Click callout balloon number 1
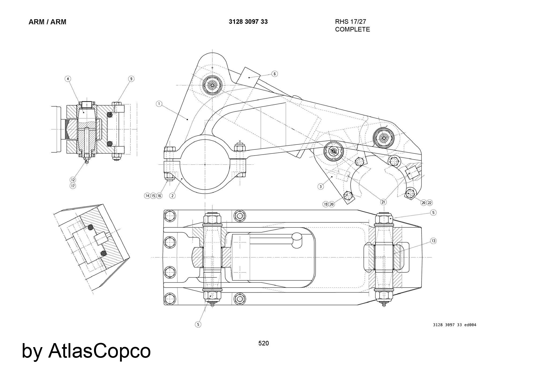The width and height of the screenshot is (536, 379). pyautogui.click(x=159, y=104)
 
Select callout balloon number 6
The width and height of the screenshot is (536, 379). pyautogui.click(x=274, y=74)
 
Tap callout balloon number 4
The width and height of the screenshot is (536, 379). pyautogui.click(x=68, y=79)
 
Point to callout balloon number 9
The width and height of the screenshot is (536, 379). pyautogui.click(x=131, y=79)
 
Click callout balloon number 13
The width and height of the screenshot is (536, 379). pyautogui.click(x=433, y=241)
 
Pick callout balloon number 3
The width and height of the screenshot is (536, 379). pyautogui.click(x=321, y=187)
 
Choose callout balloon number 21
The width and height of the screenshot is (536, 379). pyautogui.click(x=383, y=202)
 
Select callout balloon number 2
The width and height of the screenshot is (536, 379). pyautogui.click(x=173, y=196)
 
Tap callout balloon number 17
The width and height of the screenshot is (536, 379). pyautogui.click(x=73, y=186)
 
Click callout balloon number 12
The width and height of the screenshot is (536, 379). pyautogui.click(x=73, y=180)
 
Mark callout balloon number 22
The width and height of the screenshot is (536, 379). pyautogui.click(x=430, y=203)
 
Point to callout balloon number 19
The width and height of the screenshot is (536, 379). pyautogui.click(x=326, y=204)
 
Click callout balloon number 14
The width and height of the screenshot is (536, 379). pyautogui.click(x=147, y=196)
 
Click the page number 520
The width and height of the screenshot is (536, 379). pyautogui.click(x=263, y=343)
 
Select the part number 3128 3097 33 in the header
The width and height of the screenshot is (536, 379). pyautogui.click(x=248, y=22)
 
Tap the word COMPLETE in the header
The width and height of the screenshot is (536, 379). pyautogui.click(x=352, y=29)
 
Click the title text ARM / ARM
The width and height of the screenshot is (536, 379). pyautogui.click(x=47, y=22)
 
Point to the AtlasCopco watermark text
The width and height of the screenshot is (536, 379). pyautogui.click(x=86, y=351)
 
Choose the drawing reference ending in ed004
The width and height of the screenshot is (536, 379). pyautogui.click(x=455, y=325)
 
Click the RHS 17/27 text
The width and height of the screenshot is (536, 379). pyautogui.click(x=351, y=22)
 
